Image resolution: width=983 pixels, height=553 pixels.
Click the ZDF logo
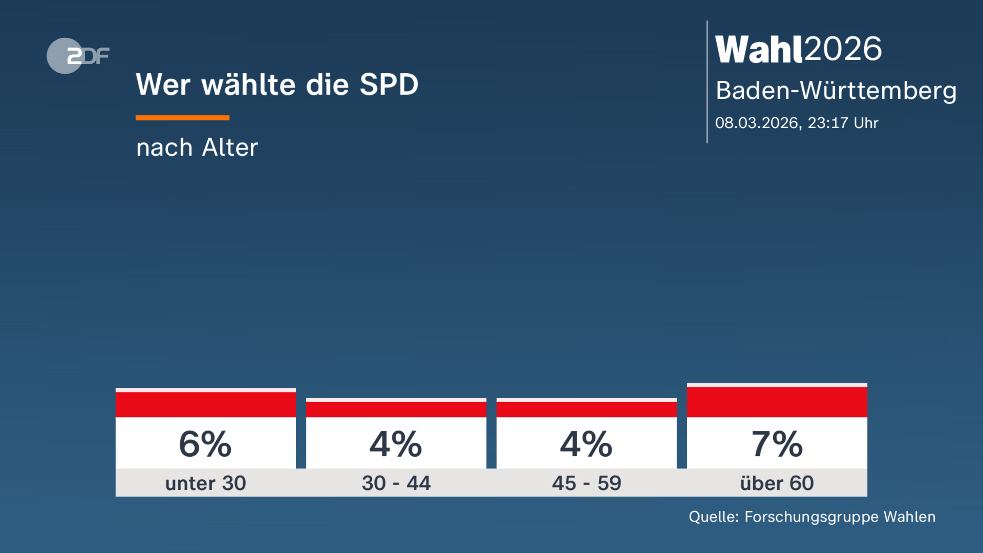78,56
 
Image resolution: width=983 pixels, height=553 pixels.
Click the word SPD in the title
389,85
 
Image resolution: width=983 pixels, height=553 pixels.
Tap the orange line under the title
182,118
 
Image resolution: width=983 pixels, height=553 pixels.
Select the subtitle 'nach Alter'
197,147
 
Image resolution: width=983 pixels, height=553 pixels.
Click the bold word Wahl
758,49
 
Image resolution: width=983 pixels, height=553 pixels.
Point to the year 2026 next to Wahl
843,49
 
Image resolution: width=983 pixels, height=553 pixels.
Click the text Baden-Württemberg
836,91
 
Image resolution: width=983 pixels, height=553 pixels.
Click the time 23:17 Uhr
843,123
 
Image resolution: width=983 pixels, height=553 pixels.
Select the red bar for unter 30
206,404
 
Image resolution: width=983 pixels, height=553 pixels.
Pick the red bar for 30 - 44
396,409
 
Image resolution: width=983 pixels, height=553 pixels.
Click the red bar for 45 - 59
587,409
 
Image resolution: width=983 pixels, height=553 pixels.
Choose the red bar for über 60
777,402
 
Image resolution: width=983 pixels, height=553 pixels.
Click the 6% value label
206,444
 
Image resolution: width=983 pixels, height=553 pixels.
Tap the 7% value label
777,444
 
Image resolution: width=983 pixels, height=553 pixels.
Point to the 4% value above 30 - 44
396,444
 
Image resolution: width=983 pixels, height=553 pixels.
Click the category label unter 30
206,483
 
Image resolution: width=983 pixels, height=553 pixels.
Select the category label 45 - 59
587,483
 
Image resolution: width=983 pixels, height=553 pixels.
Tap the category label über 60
777,483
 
